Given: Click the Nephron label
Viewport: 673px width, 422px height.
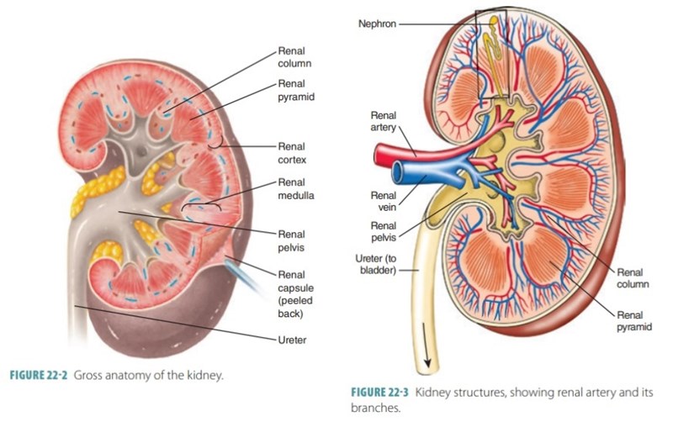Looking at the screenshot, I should [377, 24].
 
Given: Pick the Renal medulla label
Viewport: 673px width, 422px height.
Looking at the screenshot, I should [294, 189].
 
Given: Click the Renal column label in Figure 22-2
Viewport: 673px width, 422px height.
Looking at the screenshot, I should [294, 56].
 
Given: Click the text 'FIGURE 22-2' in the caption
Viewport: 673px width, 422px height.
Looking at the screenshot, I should [38, 376].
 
